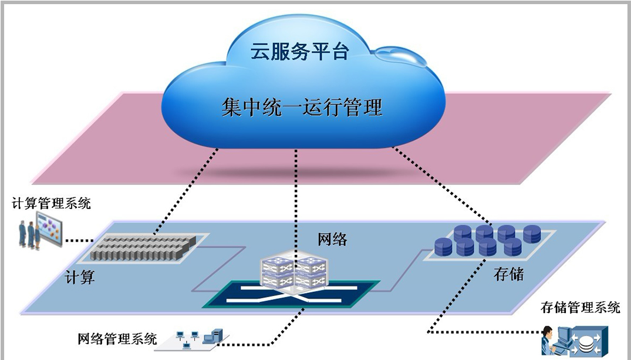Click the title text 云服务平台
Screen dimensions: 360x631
pyautogui.click(x=300, y=51)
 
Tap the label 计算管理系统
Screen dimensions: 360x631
pyautogui.click(x=52, y=204)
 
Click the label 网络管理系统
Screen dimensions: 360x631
pyautogui.click(x=117, y=338)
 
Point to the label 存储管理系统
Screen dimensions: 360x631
pyautogui.click(x=581, y=307)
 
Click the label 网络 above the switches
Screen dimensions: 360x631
pyautogui.click(x=332, y=239)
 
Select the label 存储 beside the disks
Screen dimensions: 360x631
pyautogui.click(x=508, y=274)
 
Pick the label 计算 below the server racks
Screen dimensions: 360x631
pyautogui.click(x=80, y=277)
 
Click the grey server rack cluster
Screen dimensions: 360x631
pyautogui.click(x=141, y=247)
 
